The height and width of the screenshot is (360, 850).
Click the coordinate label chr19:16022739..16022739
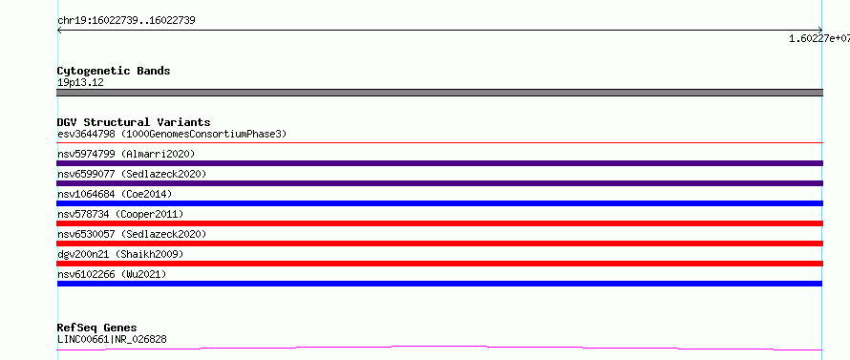(126, 21)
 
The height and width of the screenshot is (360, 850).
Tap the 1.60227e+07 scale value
(819, 38)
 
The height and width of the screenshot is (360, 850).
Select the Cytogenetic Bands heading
(114, 71)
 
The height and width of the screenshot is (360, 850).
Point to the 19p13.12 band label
(80, 82)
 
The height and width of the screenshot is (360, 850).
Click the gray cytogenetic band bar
(439, 93)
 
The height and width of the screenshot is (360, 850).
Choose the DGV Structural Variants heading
(134, 122)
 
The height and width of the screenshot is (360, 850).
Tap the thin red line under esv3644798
(439, 142)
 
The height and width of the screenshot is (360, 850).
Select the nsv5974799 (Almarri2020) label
(126, 154)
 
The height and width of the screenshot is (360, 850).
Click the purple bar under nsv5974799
(439, 163)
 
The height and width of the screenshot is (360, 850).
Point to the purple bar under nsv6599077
(439, 183)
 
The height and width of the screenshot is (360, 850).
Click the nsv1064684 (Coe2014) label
(115, 194)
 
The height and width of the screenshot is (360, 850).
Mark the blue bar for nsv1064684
(439, 203)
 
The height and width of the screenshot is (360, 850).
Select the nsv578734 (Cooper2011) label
(120, 214)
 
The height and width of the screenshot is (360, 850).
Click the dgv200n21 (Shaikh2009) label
(120, 254)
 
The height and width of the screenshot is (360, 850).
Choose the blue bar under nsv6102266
(439, 284)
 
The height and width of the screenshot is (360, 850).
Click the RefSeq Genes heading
(96, 328)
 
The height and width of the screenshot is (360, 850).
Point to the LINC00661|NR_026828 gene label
(112, 339)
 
